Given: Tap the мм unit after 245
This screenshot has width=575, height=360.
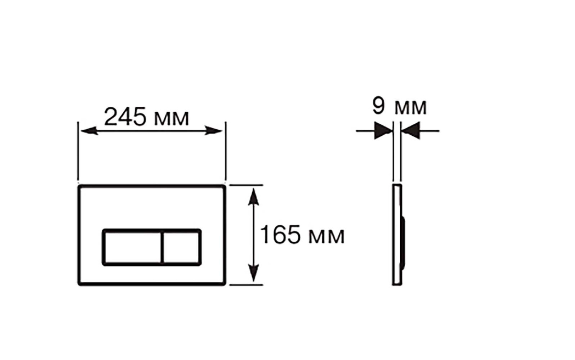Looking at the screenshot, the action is [172, 118].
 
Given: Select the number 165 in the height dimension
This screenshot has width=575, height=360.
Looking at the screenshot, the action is [280, 234].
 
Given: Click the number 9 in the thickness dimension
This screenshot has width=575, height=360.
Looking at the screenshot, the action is [379, 105].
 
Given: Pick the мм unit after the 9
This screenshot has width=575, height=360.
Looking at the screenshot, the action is [411, 107].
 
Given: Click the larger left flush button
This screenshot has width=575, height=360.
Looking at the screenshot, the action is [133, 247].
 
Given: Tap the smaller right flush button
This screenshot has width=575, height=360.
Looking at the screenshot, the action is [182, 247].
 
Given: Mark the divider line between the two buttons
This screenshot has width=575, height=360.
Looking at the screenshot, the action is [162, 247].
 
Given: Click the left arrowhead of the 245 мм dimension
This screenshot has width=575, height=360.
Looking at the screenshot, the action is [89, 131].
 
